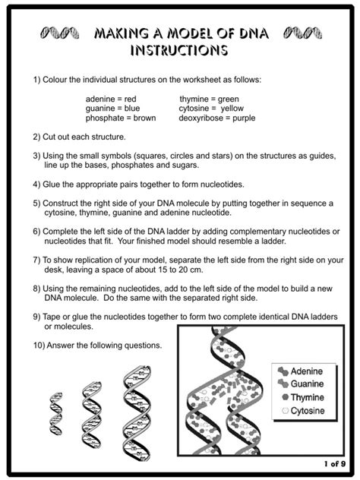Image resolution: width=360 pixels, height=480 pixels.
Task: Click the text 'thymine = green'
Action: (x=210, y=99)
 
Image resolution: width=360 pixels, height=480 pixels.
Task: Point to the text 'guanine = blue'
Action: (x=112, y=109)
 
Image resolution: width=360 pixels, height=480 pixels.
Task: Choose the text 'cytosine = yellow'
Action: (x=212, y=109)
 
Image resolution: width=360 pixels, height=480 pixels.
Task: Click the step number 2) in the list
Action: (x=36, y=137)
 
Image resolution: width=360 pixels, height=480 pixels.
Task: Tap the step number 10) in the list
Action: (x=39, y=346)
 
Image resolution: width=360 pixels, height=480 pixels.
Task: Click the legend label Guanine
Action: (x=305, y=384)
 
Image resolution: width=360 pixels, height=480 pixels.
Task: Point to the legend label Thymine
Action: (x=305, y=397)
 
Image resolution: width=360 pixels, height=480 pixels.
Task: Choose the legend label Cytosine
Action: (x=305, y=410)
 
